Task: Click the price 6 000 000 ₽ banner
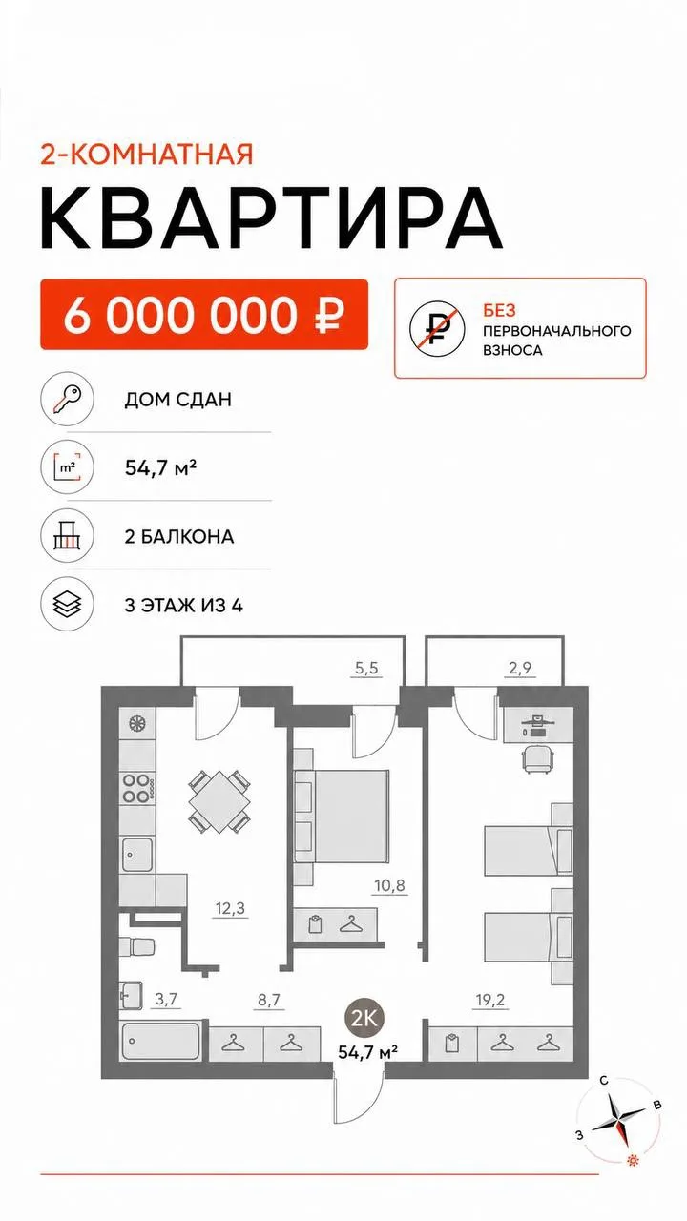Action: pos(204,314)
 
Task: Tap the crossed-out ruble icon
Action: pos(437,329)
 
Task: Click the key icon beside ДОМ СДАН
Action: pos(67,399)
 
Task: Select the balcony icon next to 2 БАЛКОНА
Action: pos(67,536)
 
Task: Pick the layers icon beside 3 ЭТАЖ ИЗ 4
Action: pos(67,605)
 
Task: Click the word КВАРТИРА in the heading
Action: pos(271,218)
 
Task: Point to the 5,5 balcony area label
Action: pos(366,668)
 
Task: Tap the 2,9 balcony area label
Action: pos(520,668)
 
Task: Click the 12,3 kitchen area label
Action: pos(230,909)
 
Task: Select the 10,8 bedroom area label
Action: pos(390,886)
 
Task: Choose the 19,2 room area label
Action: pos(490,1001)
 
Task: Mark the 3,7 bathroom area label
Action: pos(166,999)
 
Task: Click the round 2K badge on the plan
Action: pos(364,1018)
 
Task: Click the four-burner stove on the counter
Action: pos(136,788)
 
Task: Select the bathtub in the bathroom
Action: pos(160,1041)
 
